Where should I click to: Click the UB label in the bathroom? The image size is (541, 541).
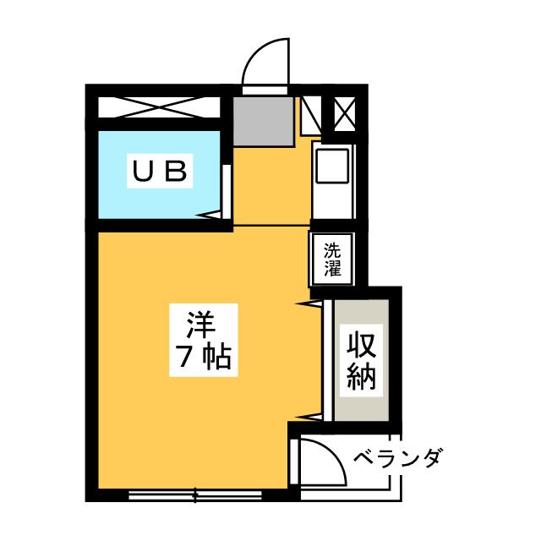[158, 172]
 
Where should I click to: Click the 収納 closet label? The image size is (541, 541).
[360, 360]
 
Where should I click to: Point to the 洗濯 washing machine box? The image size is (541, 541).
[333, 260]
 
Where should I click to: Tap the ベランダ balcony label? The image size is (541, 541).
[397, 460]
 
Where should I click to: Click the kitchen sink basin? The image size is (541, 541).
[331, 167]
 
